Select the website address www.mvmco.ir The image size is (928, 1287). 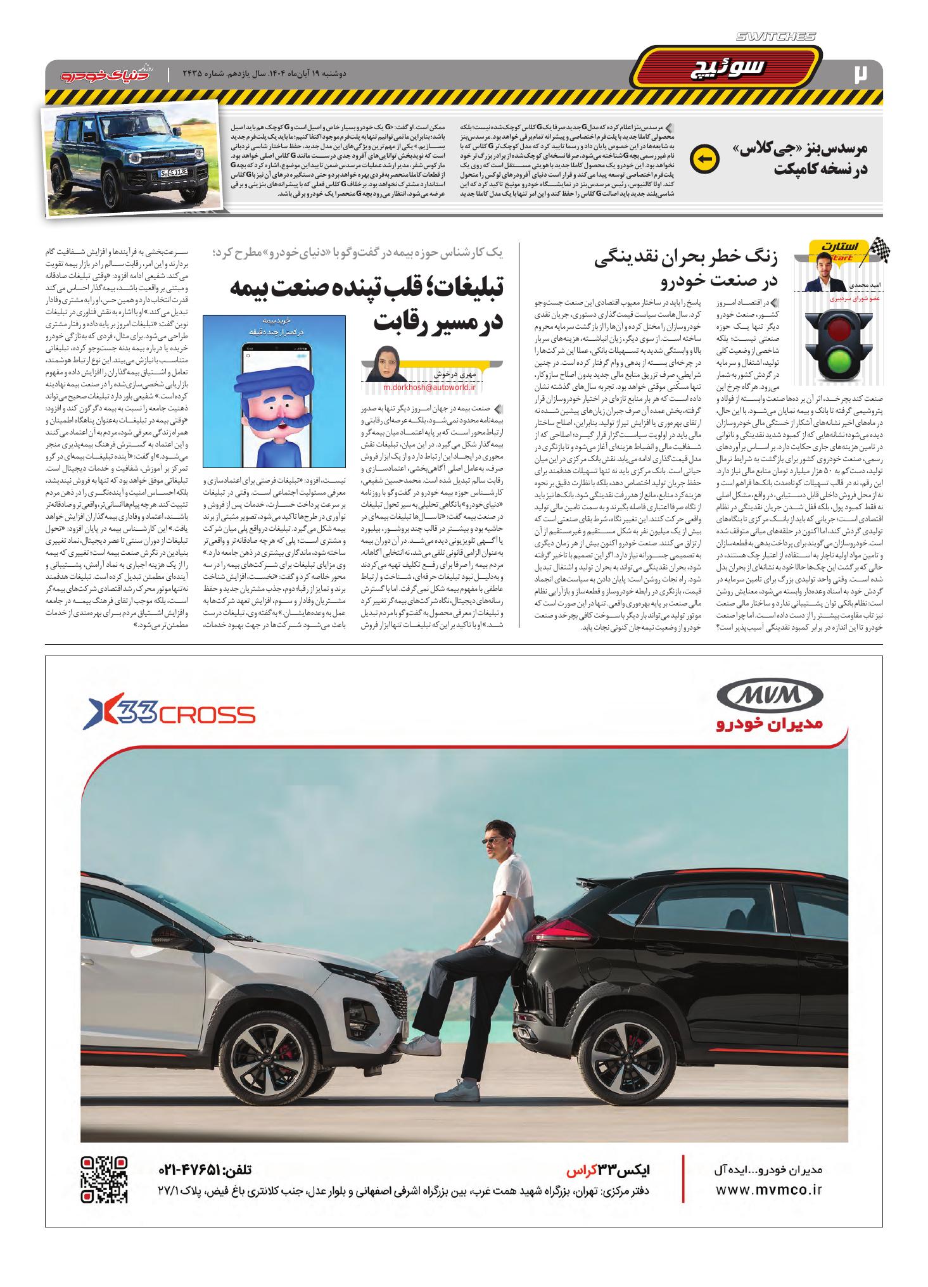tap(768, 1190)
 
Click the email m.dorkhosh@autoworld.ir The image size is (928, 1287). tap(431, 388)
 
